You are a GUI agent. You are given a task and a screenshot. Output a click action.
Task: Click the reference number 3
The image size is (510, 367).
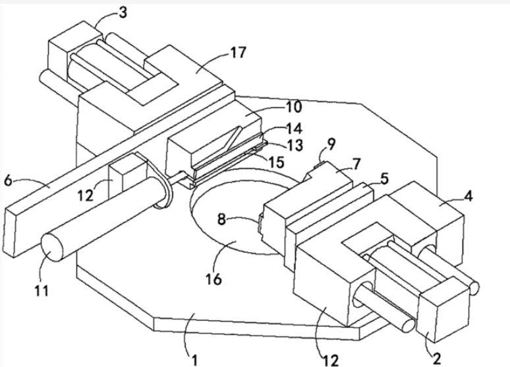(x=123, y=13)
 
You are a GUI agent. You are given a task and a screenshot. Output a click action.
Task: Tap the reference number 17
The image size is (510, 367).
(x=238, y=52)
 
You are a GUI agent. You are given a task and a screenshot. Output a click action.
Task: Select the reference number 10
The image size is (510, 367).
(x=293, y=107)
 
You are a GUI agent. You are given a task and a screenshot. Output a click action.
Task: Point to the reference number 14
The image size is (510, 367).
(x=294, y=128)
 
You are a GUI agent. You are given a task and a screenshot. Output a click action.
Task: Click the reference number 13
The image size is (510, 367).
(x=295, y=145)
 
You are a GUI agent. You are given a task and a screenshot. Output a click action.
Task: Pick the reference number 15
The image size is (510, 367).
(x=276, y=162)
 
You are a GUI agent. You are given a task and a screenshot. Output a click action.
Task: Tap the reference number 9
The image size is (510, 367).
(x=331, y=144)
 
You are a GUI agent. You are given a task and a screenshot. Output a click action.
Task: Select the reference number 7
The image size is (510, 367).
(x=357, y=164)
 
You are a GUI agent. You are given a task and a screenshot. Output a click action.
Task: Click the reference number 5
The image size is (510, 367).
(x=384, y=179)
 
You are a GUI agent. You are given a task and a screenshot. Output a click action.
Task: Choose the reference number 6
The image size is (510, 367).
(x=8, y=180)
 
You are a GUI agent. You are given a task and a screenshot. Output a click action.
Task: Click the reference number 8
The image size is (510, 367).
(x=221, y=219)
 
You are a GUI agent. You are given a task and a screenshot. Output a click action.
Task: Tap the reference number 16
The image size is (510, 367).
(x=213, y=279)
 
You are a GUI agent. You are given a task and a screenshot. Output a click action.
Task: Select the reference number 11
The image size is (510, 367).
(x=42, y=290)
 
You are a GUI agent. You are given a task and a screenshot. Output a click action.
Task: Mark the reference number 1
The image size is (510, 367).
(x=194, y=360)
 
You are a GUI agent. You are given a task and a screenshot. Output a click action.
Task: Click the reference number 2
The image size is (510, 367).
(x=437, y=358)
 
